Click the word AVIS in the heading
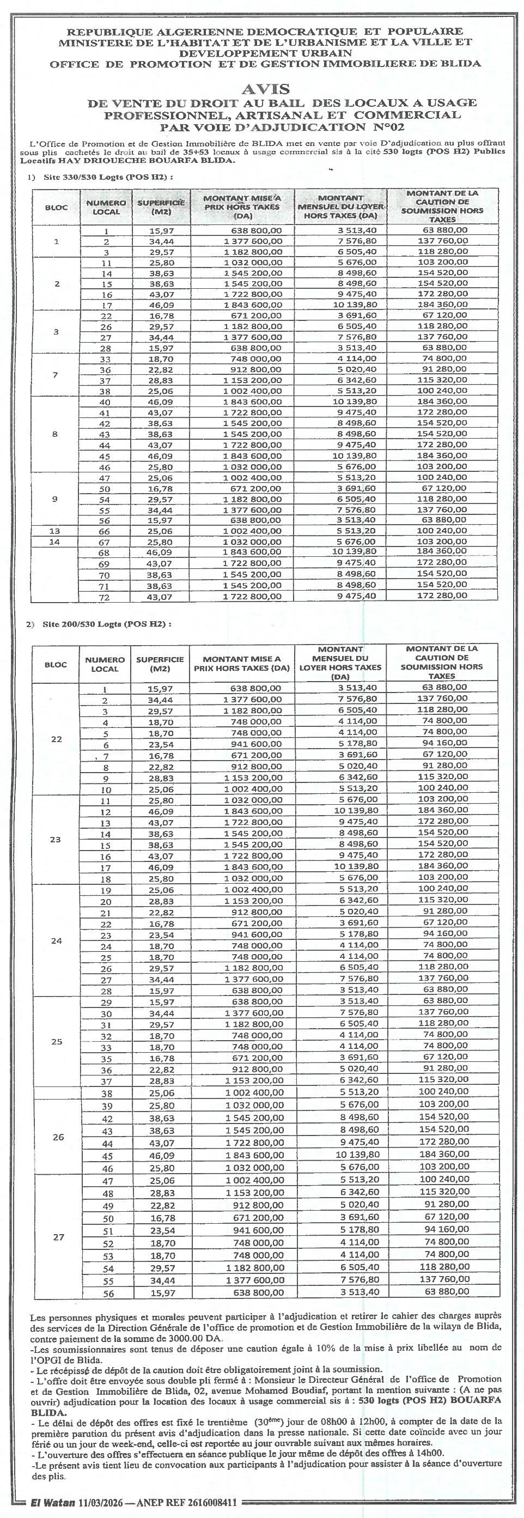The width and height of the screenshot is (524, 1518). click(267, 88)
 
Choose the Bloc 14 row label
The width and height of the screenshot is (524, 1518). click(55, 542)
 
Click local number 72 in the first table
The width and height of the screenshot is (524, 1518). click(105, 596)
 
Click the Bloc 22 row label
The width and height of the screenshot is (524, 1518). click(56, 739)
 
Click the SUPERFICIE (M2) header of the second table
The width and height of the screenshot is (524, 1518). click(160, 664)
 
